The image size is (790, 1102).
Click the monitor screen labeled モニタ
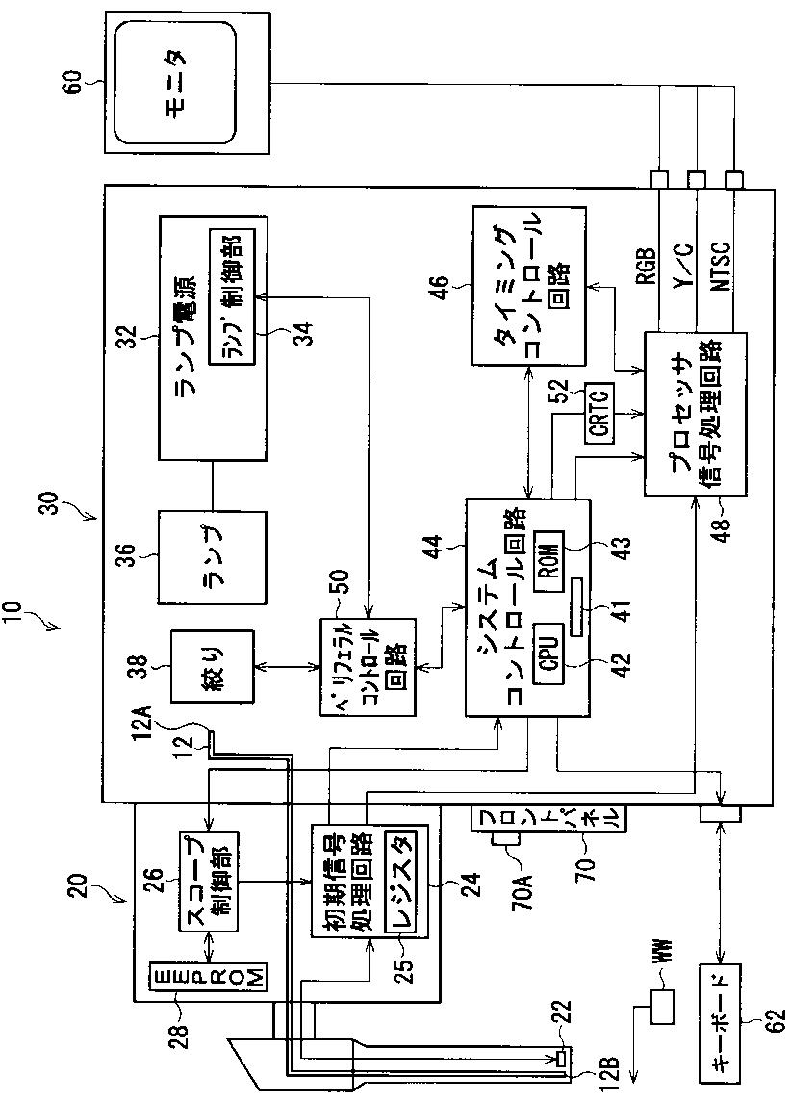pyautogui.click(x=174, y=83)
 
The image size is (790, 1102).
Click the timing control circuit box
pyautogui.click(x=528, y=285)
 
